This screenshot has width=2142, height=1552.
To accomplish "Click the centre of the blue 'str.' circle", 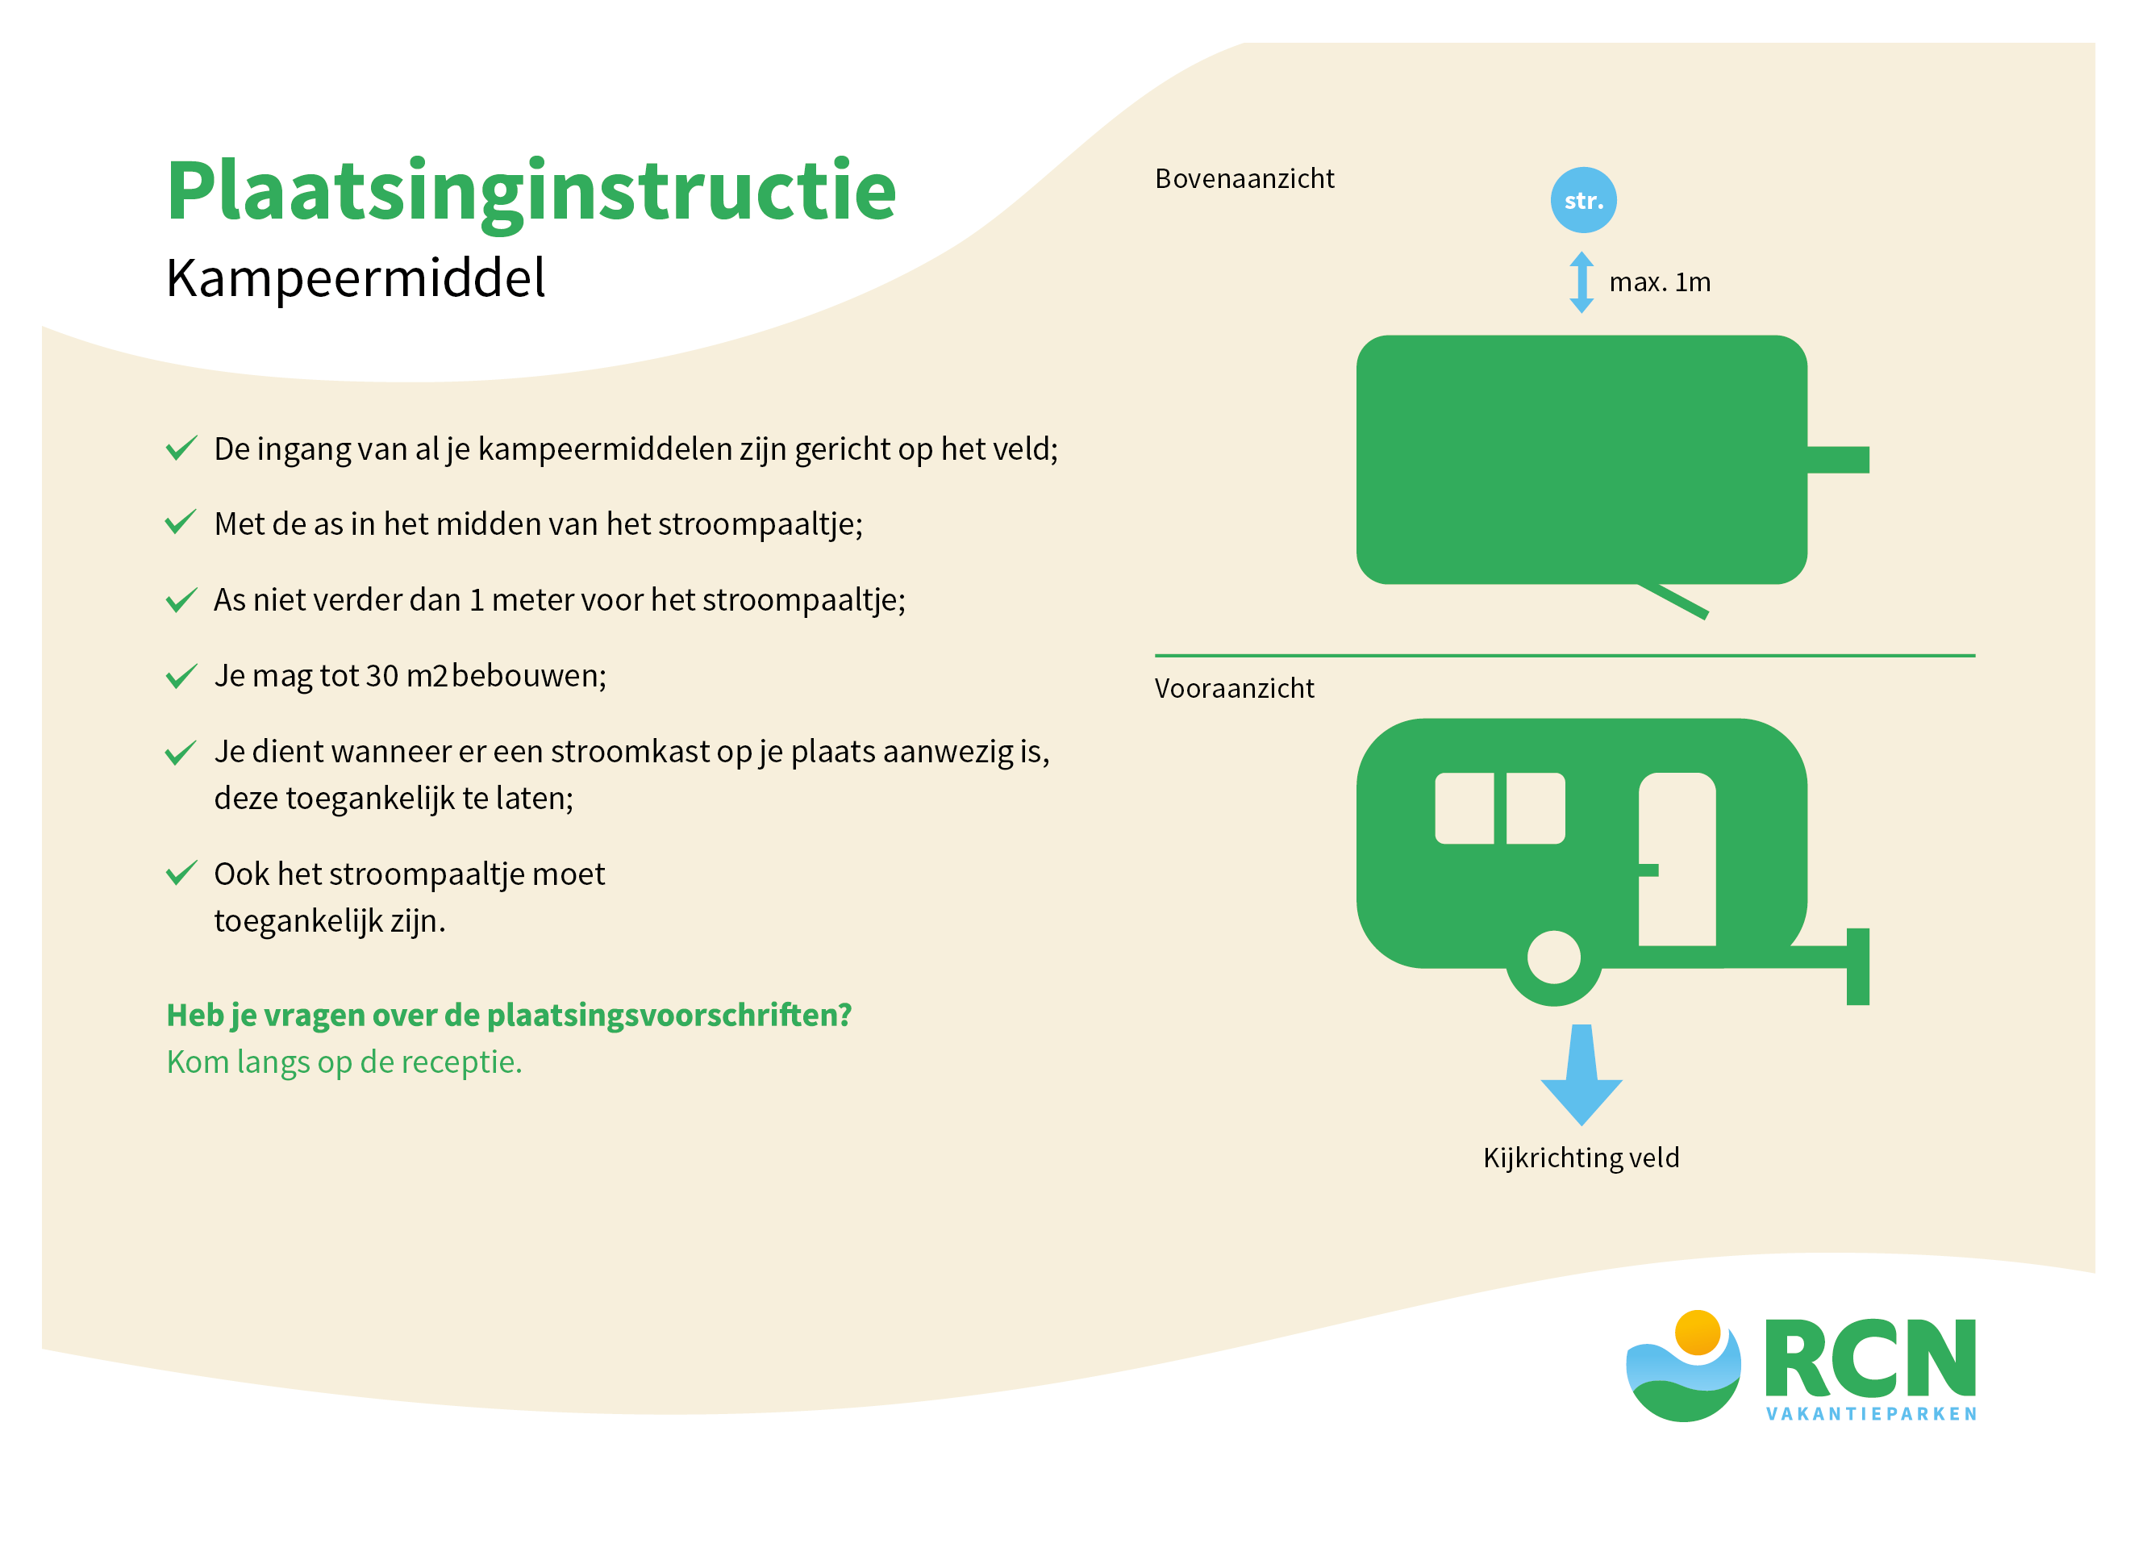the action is tap(1583, 200).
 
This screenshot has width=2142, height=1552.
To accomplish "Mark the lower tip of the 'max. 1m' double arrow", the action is tap(1582, 313).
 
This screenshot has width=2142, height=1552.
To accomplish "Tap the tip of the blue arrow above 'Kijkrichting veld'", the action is tap(1582, 1125).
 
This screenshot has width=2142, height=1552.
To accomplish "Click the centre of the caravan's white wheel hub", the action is tap(1553, 957).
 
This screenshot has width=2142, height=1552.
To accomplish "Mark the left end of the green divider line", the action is tap(1155, 655).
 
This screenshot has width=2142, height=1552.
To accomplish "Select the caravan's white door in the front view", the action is tap(1677, 858).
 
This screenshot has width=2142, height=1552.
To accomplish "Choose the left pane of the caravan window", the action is tap(1464, 807).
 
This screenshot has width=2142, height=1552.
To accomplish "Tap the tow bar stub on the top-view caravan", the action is tap(1838, 459).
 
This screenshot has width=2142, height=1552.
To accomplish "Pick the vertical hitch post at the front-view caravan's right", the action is tap(1858, 966).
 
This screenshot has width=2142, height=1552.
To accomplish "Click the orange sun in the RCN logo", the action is tap(1697, 1333).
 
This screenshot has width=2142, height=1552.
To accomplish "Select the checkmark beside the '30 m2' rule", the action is tap(181, 676).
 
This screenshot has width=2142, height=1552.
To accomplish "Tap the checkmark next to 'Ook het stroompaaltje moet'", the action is tap(181, 873).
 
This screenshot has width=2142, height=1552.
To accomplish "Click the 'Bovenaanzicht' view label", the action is tap(1244, 178).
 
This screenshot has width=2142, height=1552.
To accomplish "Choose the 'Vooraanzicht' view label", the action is tap(1235, 689).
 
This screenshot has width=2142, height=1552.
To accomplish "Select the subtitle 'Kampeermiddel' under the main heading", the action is tap(355, 277).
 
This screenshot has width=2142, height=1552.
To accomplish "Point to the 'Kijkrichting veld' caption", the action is tap(1581, 1158).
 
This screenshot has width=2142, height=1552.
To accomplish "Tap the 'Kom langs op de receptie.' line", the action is tap(344, 1062).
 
